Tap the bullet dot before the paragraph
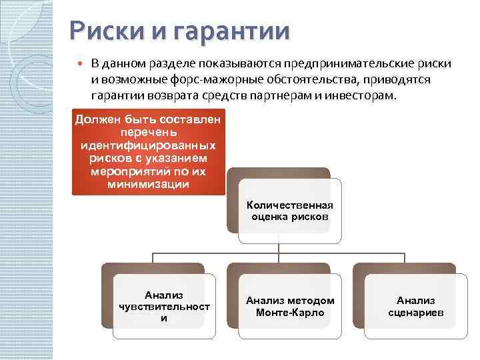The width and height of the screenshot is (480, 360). [x=80, y=64]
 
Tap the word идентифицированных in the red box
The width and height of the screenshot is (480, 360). [x=148, y=145]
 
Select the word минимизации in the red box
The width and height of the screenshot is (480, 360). [x=148, y=185]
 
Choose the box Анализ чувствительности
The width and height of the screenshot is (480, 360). [x=163, y=306]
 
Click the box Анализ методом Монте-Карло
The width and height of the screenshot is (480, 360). [x=290, y=306]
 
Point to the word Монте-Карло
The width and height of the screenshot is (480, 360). [x=290, y=312]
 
